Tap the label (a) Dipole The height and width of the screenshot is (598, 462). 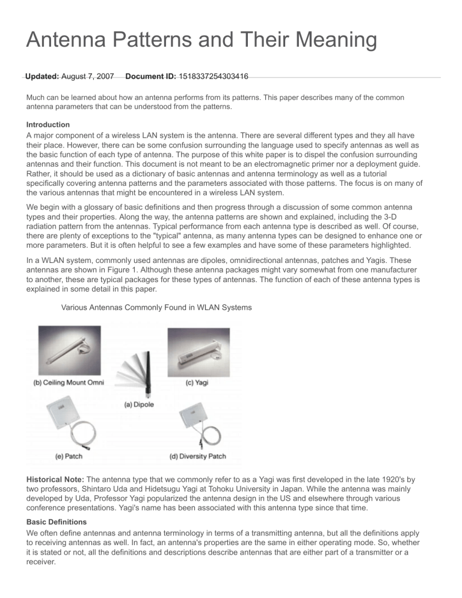coord(139,404)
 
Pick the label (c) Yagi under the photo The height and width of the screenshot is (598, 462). coord(200,383)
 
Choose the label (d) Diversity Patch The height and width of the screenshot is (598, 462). coord(199,457)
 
